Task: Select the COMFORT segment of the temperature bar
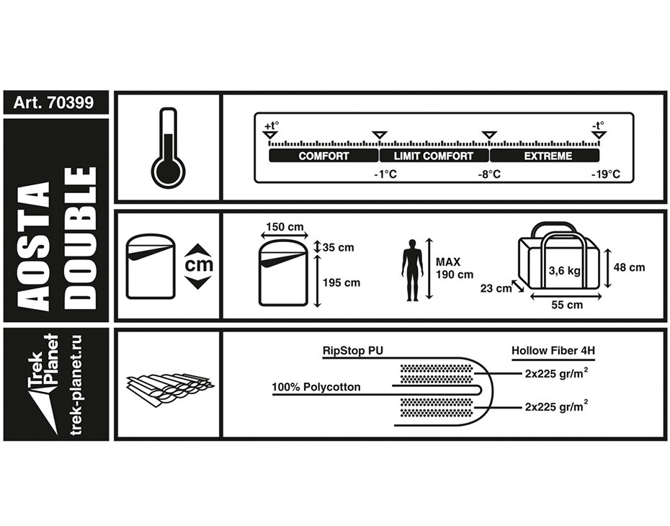[x=323, y=156]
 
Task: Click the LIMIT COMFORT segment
[x=434, y=156]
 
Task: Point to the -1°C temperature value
[x=385, y=175]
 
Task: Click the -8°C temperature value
[x=491, y=175]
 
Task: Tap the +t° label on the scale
[x=270, y=126]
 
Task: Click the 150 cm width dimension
[x=285, y=228]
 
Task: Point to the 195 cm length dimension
[x=341, y=282]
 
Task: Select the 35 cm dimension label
[x=338, y=248]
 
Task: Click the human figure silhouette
[x=412, y=270]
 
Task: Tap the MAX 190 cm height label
[x=455, y=268]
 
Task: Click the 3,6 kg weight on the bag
[x=564, y=271]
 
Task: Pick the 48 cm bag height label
[x=629, y=267]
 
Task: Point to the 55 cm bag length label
[x=568, y=305]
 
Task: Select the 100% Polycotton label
[x=316, y=388]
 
